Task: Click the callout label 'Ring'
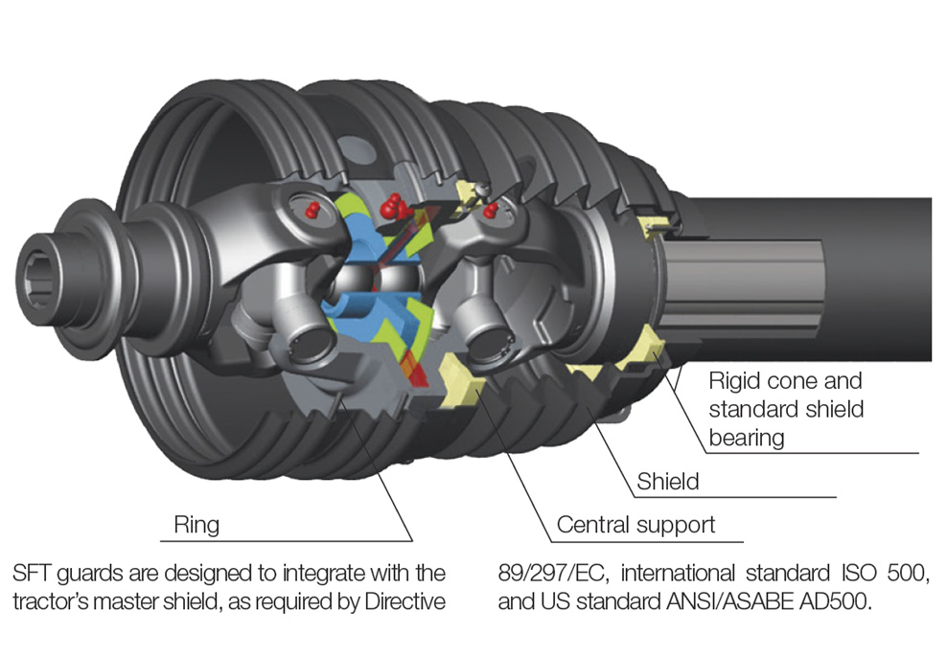[196, 525]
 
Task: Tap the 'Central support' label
[635, 525]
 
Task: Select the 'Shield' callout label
[668, 481]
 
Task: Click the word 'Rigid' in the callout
[737, 380]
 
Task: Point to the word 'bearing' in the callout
[747, 438]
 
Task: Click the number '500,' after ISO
[907, 575]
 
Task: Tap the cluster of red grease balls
[391, 205]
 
